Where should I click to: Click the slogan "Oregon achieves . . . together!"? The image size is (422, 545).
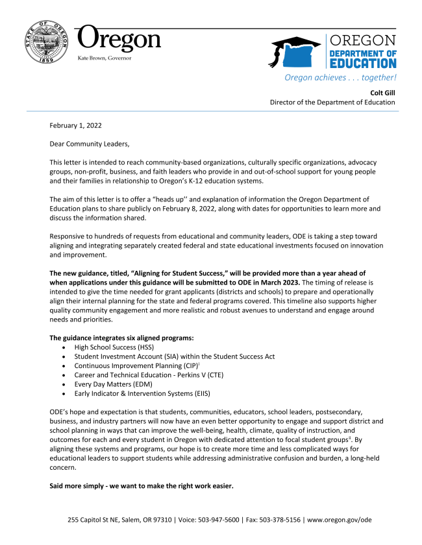[x=340, y=78]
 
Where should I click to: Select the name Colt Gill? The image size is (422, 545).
[x=382, y=92]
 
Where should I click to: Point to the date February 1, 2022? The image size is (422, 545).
[x=75, y=125]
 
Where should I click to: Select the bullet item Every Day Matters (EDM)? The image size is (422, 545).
[x=116, y=384]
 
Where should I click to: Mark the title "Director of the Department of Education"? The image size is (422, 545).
[x=332, y=102]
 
